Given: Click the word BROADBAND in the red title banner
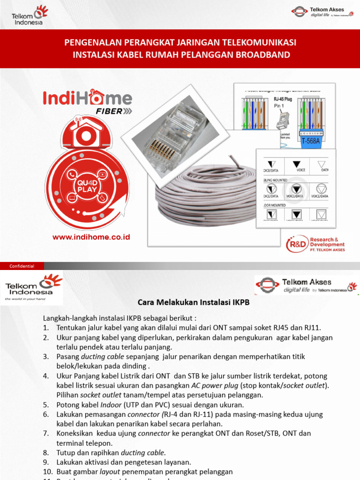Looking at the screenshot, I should click(x=264, y=55).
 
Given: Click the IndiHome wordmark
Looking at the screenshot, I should click(x=88, y=98).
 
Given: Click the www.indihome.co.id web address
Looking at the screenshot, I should click(x=91, y=237).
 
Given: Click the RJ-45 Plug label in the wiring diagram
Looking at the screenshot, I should click(x=283, y=100).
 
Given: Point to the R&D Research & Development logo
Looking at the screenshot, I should click(x=316, y=244).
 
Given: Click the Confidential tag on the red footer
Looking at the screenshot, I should click(x=22, y=266).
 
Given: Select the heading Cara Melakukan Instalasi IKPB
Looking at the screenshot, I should click(x=193, y=303).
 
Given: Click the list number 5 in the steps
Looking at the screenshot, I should click(x=46, y=405).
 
